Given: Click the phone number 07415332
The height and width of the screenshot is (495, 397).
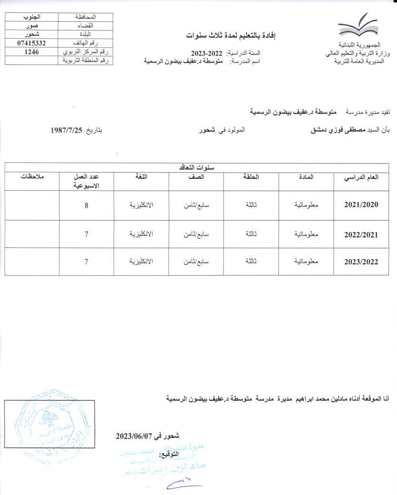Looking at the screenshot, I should pos(31,43).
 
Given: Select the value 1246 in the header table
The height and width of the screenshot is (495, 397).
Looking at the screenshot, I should pos(31,51).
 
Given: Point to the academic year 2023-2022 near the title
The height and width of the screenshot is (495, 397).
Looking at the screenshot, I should pos(207,53).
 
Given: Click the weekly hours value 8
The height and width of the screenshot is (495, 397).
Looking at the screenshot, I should pos(86,205).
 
